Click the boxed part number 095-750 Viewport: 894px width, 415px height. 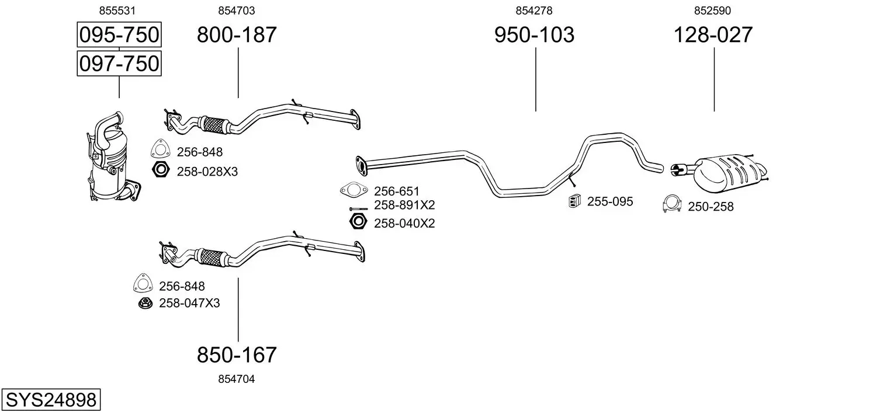[119, 34]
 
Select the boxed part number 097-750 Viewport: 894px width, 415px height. [119, 64]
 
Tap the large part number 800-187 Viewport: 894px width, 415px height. [237, 34]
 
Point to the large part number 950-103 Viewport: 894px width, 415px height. [535, 34]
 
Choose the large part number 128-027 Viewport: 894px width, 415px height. [713, 34]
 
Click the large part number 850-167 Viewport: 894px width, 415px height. [237, 355]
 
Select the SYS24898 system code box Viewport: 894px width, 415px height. [51, 400]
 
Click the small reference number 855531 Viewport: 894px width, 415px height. [117, 11]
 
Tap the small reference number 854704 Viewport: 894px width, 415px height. [236, 379]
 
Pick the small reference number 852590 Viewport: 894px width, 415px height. [712, 11]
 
